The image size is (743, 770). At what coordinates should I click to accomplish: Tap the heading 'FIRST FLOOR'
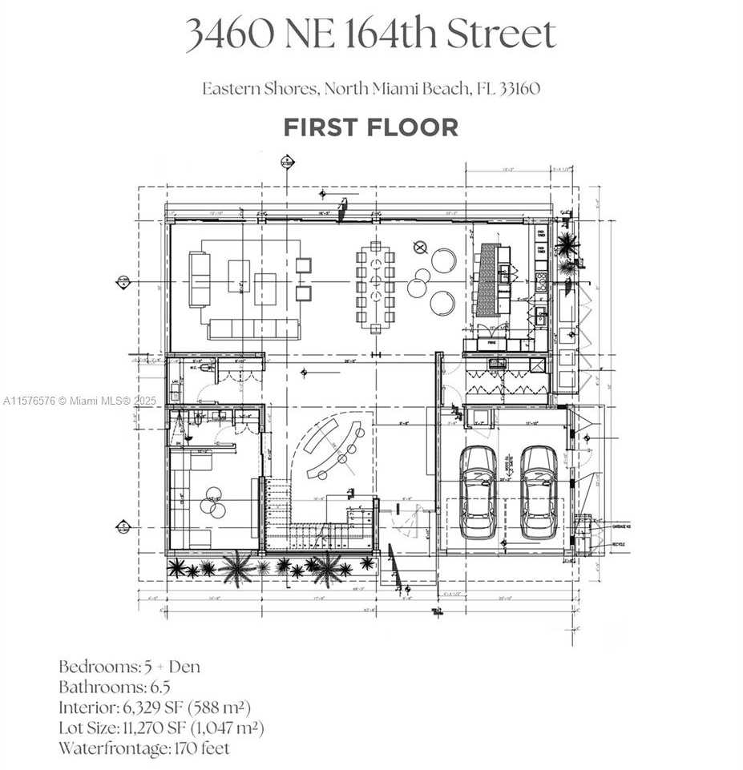(x=370, y=127)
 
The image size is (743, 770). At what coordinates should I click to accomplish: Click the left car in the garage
(x=478, y=491)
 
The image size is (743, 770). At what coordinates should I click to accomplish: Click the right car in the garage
(x=539, y=491)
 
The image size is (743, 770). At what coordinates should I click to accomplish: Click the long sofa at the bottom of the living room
(x=253, y=329)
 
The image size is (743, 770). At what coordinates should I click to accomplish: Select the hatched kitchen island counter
(x=486, y=280)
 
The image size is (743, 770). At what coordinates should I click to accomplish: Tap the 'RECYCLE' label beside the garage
(x=618, y=545)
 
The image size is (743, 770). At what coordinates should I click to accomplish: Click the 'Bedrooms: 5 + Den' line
(x=129, y=667)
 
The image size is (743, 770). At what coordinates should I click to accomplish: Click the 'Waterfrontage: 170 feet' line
(x=143, y=749)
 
